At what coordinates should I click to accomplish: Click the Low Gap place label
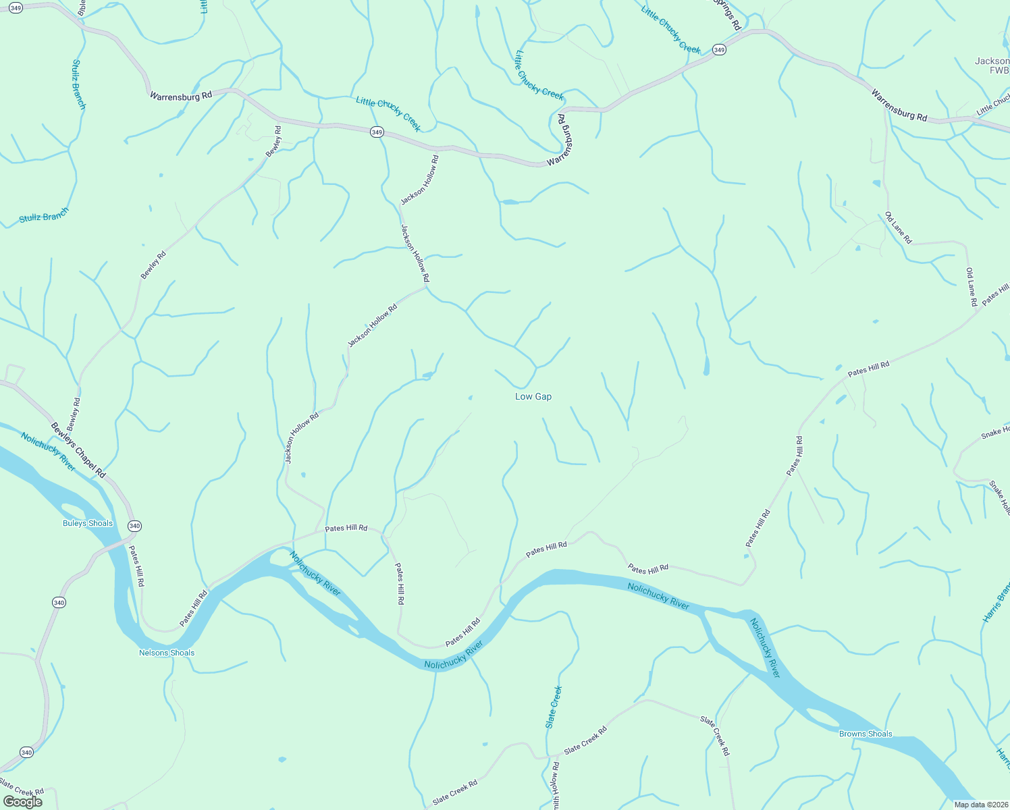click(533, 396)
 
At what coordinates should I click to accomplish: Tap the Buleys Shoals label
click(88, 523)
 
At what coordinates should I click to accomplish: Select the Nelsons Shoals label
click(167, 653)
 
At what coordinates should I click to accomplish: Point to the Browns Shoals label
click(866, 734)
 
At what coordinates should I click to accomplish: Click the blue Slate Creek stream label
click(554, 707)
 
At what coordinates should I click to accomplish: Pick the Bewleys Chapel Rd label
click(78, 451)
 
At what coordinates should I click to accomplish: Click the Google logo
click(23, 802)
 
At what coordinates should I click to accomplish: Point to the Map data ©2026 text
click(980, 804)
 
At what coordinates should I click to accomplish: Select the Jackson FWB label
click(993, 65)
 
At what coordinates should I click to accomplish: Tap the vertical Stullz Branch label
click(78, 84)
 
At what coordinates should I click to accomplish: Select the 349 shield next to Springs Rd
click(719, 50)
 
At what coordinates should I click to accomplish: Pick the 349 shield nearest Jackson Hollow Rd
click(377, 132)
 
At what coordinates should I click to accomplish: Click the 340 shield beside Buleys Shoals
click(134, 526)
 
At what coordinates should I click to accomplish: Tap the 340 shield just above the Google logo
click(26, 752)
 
